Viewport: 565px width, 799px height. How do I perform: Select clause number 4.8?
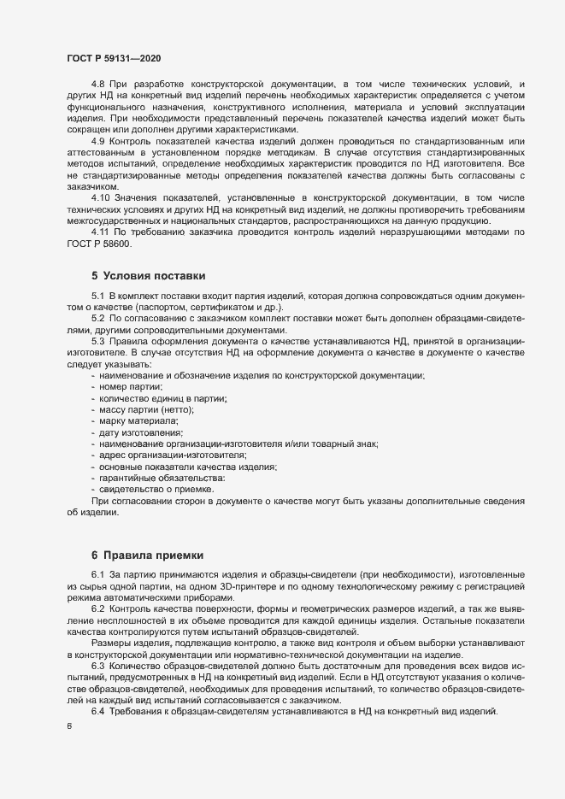click(x=98, y=84)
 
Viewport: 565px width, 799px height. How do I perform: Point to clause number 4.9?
click(x=98, y=139)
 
